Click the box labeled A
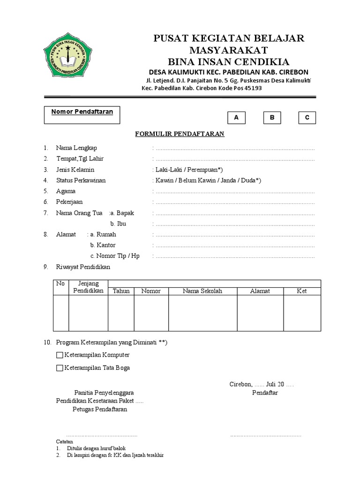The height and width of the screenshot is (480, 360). [236, 118]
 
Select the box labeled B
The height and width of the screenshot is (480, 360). [272, 118]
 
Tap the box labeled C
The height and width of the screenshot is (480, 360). [307, 118]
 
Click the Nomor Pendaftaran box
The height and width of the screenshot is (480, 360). [82, 115]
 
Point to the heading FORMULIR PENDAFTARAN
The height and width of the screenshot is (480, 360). [180, 134]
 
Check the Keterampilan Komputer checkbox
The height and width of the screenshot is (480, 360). [59, 355]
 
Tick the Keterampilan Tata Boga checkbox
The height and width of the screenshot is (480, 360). [59, 368]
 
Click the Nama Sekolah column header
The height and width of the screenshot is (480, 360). [202, 291]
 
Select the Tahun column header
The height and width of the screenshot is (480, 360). [121, 291]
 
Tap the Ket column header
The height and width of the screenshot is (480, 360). [302, 291]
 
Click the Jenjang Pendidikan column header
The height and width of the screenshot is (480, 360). [88, 287]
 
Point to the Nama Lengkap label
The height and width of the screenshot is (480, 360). [76, 148]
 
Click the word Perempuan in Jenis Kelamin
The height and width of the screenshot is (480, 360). [196, 170]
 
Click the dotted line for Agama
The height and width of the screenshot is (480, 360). [234, 192]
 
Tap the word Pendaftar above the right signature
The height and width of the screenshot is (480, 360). [265, 392]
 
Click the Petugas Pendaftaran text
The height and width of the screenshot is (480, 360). [99, 409]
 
